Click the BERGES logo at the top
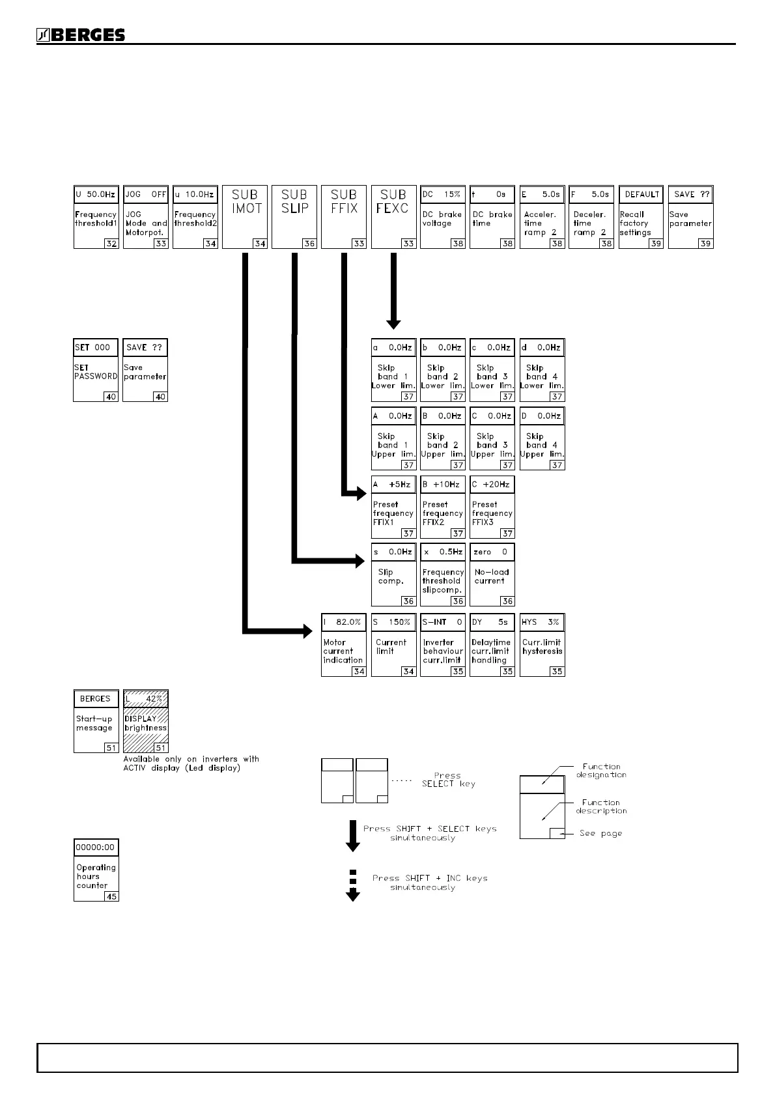tap(81, 36)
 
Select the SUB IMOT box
tap(246, 216)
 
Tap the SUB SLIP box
tap(294, 216)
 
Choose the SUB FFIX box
tap(344, 216)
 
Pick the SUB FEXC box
tap(393, 216)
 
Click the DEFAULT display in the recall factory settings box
tap(641, 194)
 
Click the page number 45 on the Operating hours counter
tap(112, 896)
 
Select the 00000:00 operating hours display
tap(96, 848)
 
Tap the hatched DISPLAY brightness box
tap(146, 722)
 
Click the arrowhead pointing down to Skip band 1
tap(393, 323)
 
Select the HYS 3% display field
tap(542, 622)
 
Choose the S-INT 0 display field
tap(443, 622)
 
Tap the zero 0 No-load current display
tap(492, 552)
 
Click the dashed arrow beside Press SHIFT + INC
tap(352, 886)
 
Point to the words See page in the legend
tap(600, 833)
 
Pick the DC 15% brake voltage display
tap(443, 194)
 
